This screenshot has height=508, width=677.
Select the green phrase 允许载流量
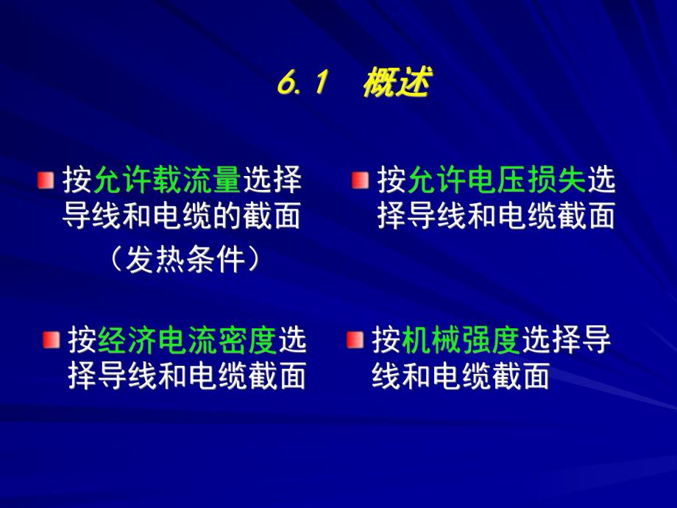(x=167, y=180)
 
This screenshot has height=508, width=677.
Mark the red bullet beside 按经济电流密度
(x=51, y=340)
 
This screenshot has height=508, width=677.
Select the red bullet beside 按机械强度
(x=355, y=340)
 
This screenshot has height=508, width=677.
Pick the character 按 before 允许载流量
(x=77, y=180)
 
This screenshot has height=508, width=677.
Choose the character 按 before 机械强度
(x=386, y=340)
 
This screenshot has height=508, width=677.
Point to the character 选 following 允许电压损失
(x=602, y=180)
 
